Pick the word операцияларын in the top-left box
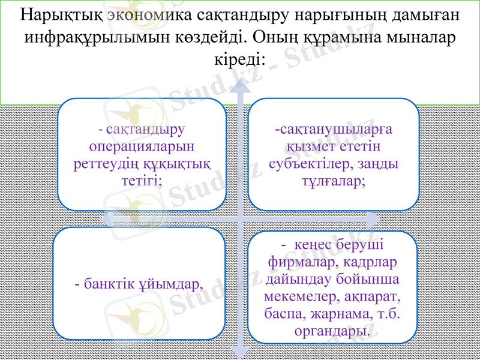(x=142, y=146)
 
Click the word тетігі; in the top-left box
(x=142, y=181)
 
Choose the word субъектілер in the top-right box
(x=308, y=164)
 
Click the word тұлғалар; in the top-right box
(x=334, y=181)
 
